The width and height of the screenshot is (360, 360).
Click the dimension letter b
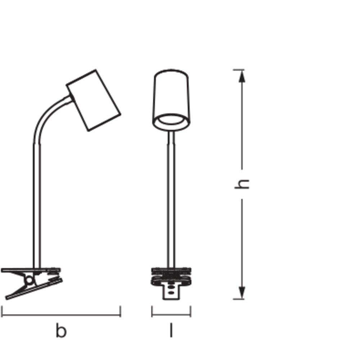[x=61, y=330]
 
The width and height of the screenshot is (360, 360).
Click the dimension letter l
[x=171, y=330]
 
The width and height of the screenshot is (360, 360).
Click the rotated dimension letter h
[x=242, y=184]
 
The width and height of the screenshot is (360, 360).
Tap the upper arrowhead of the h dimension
[x=242, y=76]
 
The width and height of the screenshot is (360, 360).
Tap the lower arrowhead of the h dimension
[x=242, y=293]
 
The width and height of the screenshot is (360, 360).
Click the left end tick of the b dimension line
[x=2, y=311]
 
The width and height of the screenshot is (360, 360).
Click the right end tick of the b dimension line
[x=120, y=311]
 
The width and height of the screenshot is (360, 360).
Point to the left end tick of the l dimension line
[x=152, y=311]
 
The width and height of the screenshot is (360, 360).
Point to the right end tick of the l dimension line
[x=190, y=311]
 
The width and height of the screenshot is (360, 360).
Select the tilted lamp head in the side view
[x=94, y=100]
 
